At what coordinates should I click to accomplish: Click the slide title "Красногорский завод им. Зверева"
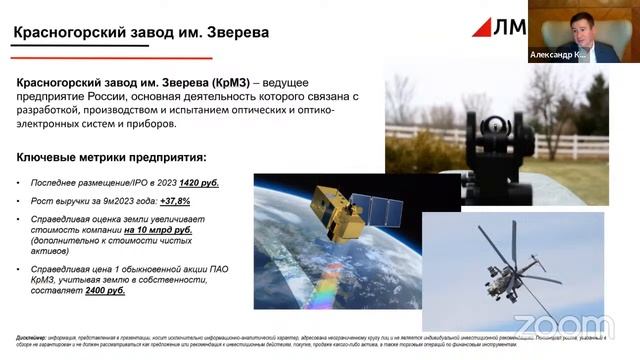pyautogui.click(x=141, y=32)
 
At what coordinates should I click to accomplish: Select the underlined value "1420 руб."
pyautogui.click(x=199, y=183)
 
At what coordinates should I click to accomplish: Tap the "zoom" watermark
pyautogui.click(x=565, y=326)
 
